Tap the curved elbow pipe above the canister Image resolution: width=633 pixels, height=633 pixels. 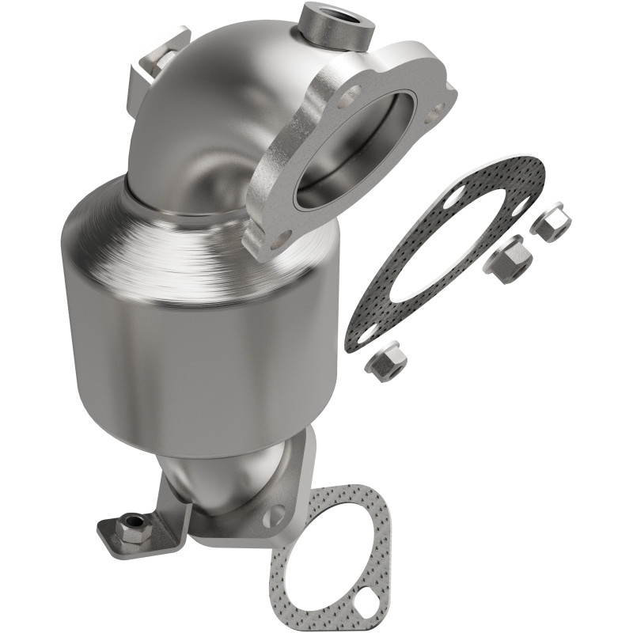click(214, 119)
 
